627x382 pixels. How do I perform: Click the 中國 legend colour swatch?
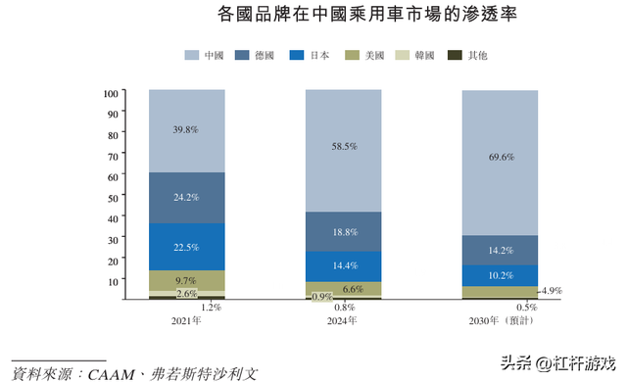pos(192,56)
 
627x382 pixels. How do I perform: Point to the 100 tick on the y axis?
pos(111,93)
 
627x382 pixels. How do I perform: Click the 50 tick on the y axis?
pos(114,196)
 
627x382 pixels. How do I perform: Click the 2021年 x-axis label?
pos(186,319)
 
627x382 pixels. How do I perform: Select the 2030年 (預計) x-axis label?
pos(500,319)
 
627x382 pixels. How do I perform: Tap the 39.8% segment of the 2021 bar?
pos(186,130)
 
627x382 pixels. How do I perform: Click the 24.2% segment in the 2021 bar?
pos(186,197)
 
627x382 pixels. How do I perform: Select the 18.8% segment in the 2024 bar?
pos(343,231)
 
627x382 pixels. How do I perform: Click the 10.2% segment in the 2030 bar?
pos(500,275)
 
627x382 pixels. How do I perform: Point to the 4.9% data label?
pos(550,291)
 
